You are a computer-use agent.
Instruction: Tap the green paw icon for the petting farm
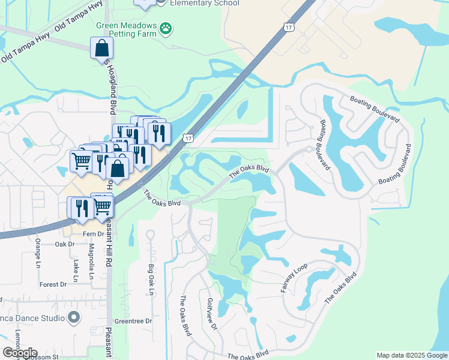pos(166,28)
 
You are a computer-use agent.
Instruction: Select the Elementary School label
pos(204,4)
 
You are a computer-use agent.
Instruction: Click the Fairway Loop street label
pos(294,278)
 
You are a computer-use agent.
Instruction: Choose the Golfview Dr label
pos(211,314)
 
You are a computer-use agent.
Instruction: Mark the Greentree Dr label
pos(133,321)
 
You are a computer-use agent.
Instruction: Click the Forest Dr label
pos(53,284)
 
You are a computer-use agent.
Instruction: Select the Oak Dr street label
pos(64,244)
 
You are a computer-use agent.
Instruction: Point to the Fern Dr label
pos(93,233)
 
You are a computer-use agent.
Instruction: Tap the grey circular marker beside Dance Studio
pos(74,316)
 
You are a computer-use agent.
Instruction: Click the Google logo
pos(19,353)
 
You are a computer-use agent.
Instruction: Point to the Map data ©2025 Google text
pos(412,355)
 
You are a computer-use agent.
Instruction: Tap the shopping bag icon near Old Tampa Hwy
pos(101,48)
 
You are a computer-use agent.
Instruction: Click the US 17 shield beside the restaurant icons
pos(188,138)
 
